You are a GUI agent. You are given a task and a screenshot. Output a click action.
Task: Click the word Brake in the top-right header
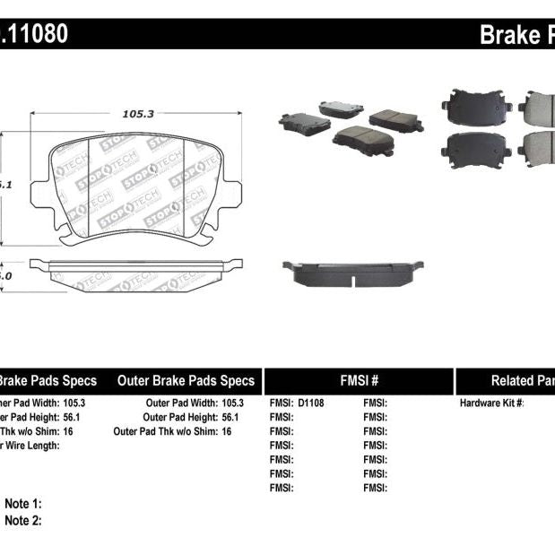click(507, 35)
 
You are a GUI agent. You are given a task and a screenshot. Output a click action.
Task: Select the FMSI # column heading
click(359, 380)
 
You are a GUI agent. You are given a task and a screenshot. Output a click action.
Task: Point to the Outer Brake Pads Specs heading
click(186, 380)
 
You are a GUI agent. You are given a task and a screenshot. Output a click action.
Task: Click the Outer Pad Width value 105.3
click(232, 403)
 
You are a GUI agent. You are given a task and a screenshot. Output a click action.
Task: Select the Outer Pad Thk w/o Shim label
click(160, 431)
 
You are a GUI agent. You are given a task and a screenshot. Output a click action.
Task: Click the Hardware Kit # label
click(491, 403)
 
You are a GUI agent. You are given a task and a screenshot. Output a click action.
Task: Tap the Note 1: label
click(23, 504)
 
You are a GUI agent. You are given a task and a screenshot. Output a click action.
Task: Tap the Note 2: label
click(23, 520)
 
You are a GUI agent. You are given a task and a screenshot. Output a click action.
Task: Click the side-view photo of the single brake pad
click(352, 273)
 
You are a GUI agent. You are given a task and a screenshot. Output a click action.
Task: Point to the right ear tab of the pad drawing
click(230, 194)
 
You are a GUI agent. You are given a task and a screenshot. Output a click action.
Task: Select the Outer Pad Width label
click(178, 403)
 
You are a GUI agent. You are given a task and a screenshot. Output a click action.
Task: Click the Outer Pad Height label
click(178, 417)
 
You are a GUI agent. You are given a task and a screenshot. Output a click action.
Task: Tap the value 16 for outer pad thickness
click(226, 431)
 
